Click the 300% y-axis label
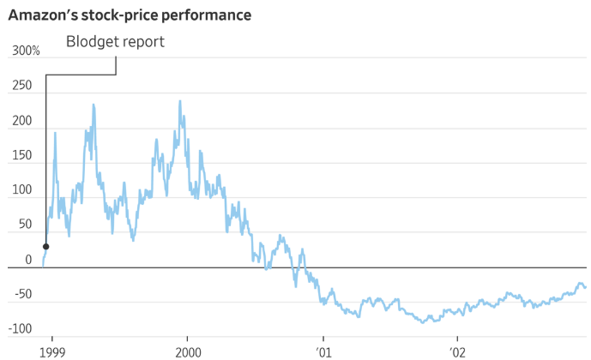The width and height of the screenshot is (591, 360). tap(26, 51)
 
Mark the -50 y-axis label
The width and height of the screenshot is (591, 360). tap(23, 295)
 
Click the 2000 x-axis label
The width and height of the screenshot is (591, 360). tap(188, 351)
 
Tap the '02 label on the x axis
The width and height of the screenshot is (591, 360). tap(457, 351)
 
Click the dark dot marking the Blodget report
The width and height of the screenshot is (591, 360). tap(45, 247)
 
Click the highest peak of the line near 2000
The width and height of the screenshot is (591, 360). tap(179, 101)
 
